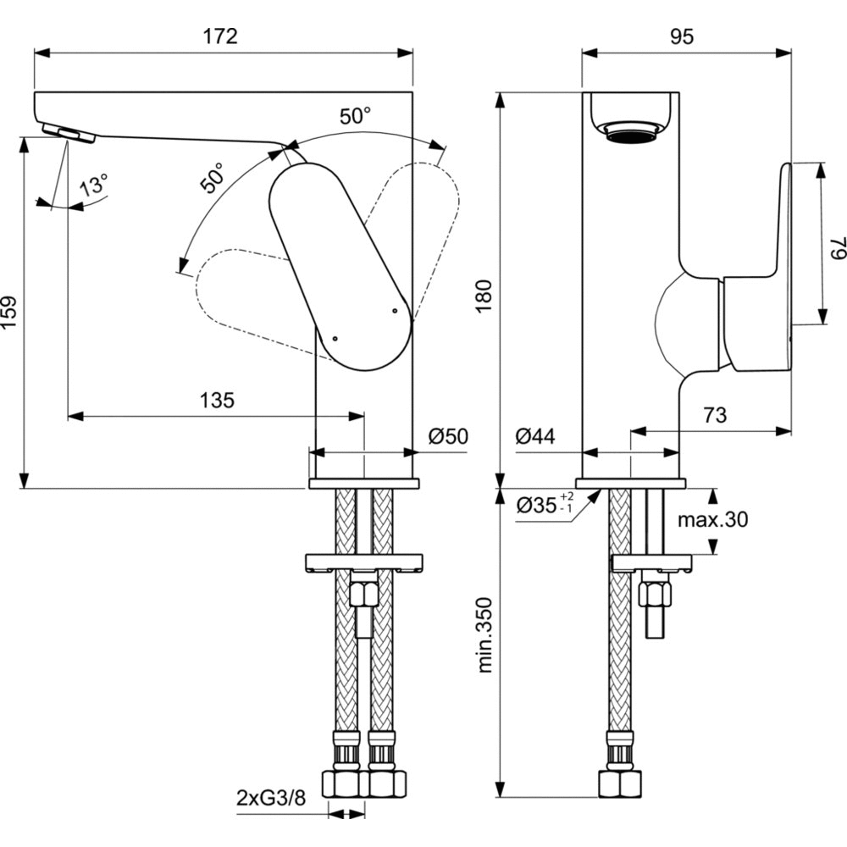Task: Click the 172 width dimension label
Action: click(220, 36)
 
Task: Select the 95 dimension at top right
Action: click(682, 36)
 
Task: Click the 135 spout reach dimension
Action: click(217, 401)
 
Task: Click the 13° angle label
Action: click(93, 185)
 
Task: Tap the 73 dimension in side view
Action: click(716, 415)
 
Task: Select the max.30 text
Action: click(712, 520)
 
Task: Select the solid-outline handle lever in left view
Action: click(339, 263)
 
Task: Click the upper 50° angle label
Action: click(356, 117)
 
